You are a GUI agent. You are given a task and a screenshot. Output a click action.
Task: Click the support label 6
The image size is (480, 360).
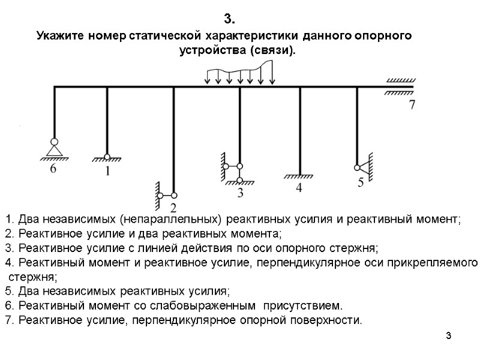pyautogui.click(x=53, y=169)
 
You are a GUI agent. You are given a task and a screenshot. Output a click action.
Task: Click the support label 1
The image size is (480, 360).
pyautogui.click(x=107, y=171)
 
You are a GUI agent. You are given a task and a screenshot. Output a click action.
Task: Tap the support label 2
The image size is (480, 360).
pyautogui.click(x=173, y=208)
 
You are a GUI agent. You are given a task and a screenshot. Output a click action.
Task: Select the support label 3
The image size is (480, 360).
pyautogui.click(x=241, y=193)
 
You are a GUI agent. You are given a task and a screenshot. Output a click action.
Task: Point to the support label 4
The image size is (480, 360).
pyautogui.click(x=299, y=188)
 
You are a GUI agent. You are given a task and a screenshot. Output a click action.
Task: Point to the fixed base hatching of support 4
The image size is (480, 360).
pyautogui.click(x=299, y=177)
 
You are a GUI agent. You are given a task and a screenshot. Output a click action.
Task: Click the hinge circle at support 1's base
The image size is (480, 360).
pyautogui.click(x=107, y=157)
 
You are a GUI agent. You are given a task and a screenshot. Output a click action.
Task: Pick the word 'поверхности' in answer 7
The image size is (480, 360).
pyautogui.click(x=329, y=320)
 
